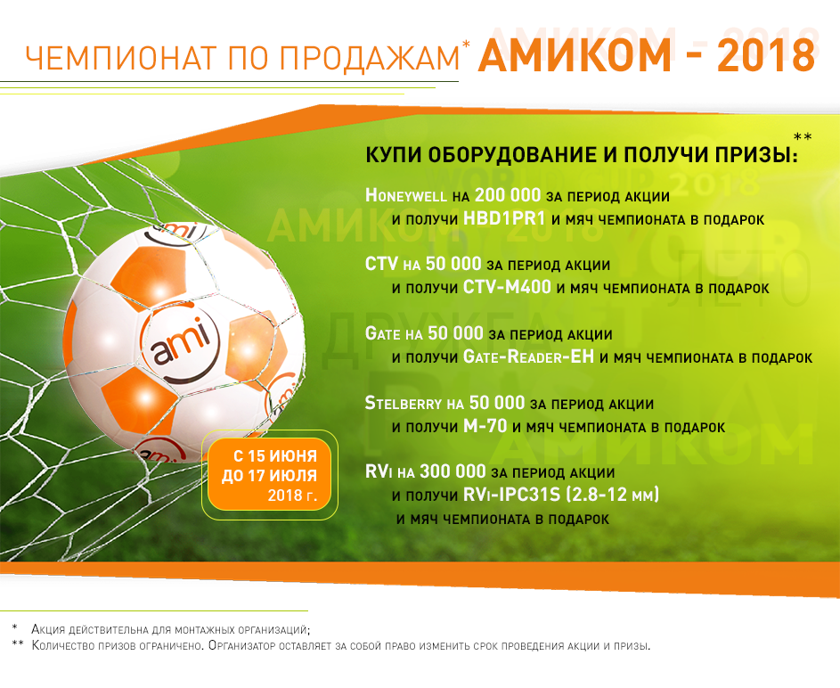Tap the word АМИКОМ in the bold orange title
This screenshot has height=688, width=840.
coord(575,55)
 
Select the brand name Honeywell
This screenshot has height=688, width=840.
coord(405,195)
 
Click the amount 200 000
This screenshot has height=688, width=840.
coord(508,195)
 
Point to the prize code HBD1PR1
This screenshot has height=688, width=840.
coord(504,218)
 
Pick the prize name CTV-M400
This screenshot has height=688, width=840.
coord(507,288)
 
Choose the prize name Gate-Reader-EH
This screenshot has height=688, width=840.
coord(528,356)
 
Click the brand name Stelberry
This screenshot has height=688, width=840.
coord(404,403)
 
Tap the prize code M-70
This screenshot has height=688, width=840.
coord(485,427)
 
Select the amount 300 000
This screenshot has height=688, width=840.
coord(453,472)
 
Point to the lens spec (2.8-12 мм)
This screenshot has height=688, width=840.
coord(609,495)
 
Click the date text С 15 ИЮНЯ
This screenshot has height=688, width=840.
coord(275,456)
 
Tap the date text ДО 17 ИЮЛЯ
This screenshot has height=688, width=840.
coord(270,476)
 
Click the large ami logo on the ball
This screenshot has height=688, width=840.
coord(181,343)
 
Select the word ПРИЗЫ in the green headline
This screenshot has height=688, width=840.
coord(756,155)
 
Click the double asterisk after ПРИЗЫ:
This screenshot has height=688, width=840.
coord(803,137)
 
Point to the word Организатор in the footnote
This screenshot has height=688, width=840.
coord(242,646)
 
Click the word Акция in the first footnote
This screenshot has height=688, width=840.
coord(48,629)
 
